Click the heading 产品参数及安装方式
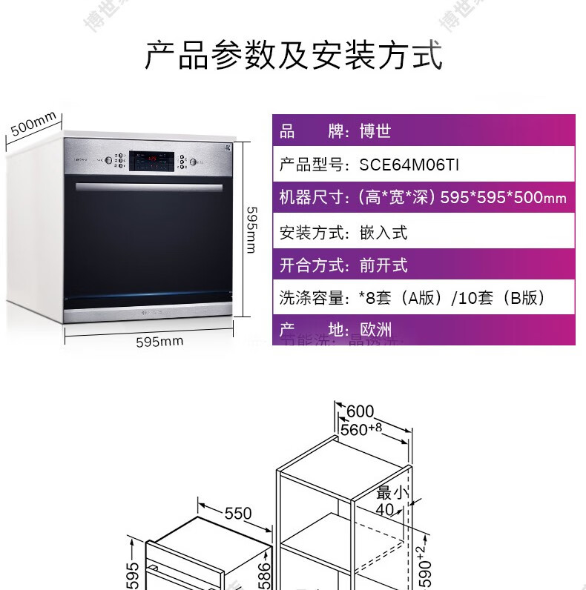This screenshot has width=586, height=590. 293,56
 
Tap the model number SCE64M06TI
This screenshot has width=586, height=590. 409,165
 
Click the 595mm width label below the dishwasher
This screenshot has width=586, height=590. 159,342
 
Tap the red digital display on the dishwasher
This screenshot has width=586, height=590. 154,159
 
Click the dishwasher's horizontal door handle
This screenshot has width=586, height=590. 148,186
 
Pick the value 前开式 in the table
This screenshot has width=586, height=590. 384,265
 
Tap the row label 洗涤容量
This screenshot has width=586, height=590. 312,298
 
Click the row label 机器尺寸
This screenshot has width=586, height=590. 312,197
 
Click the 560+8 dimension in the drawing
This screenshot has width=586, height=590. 361,428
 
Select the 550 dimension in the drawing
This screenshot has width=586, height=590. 237,513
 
